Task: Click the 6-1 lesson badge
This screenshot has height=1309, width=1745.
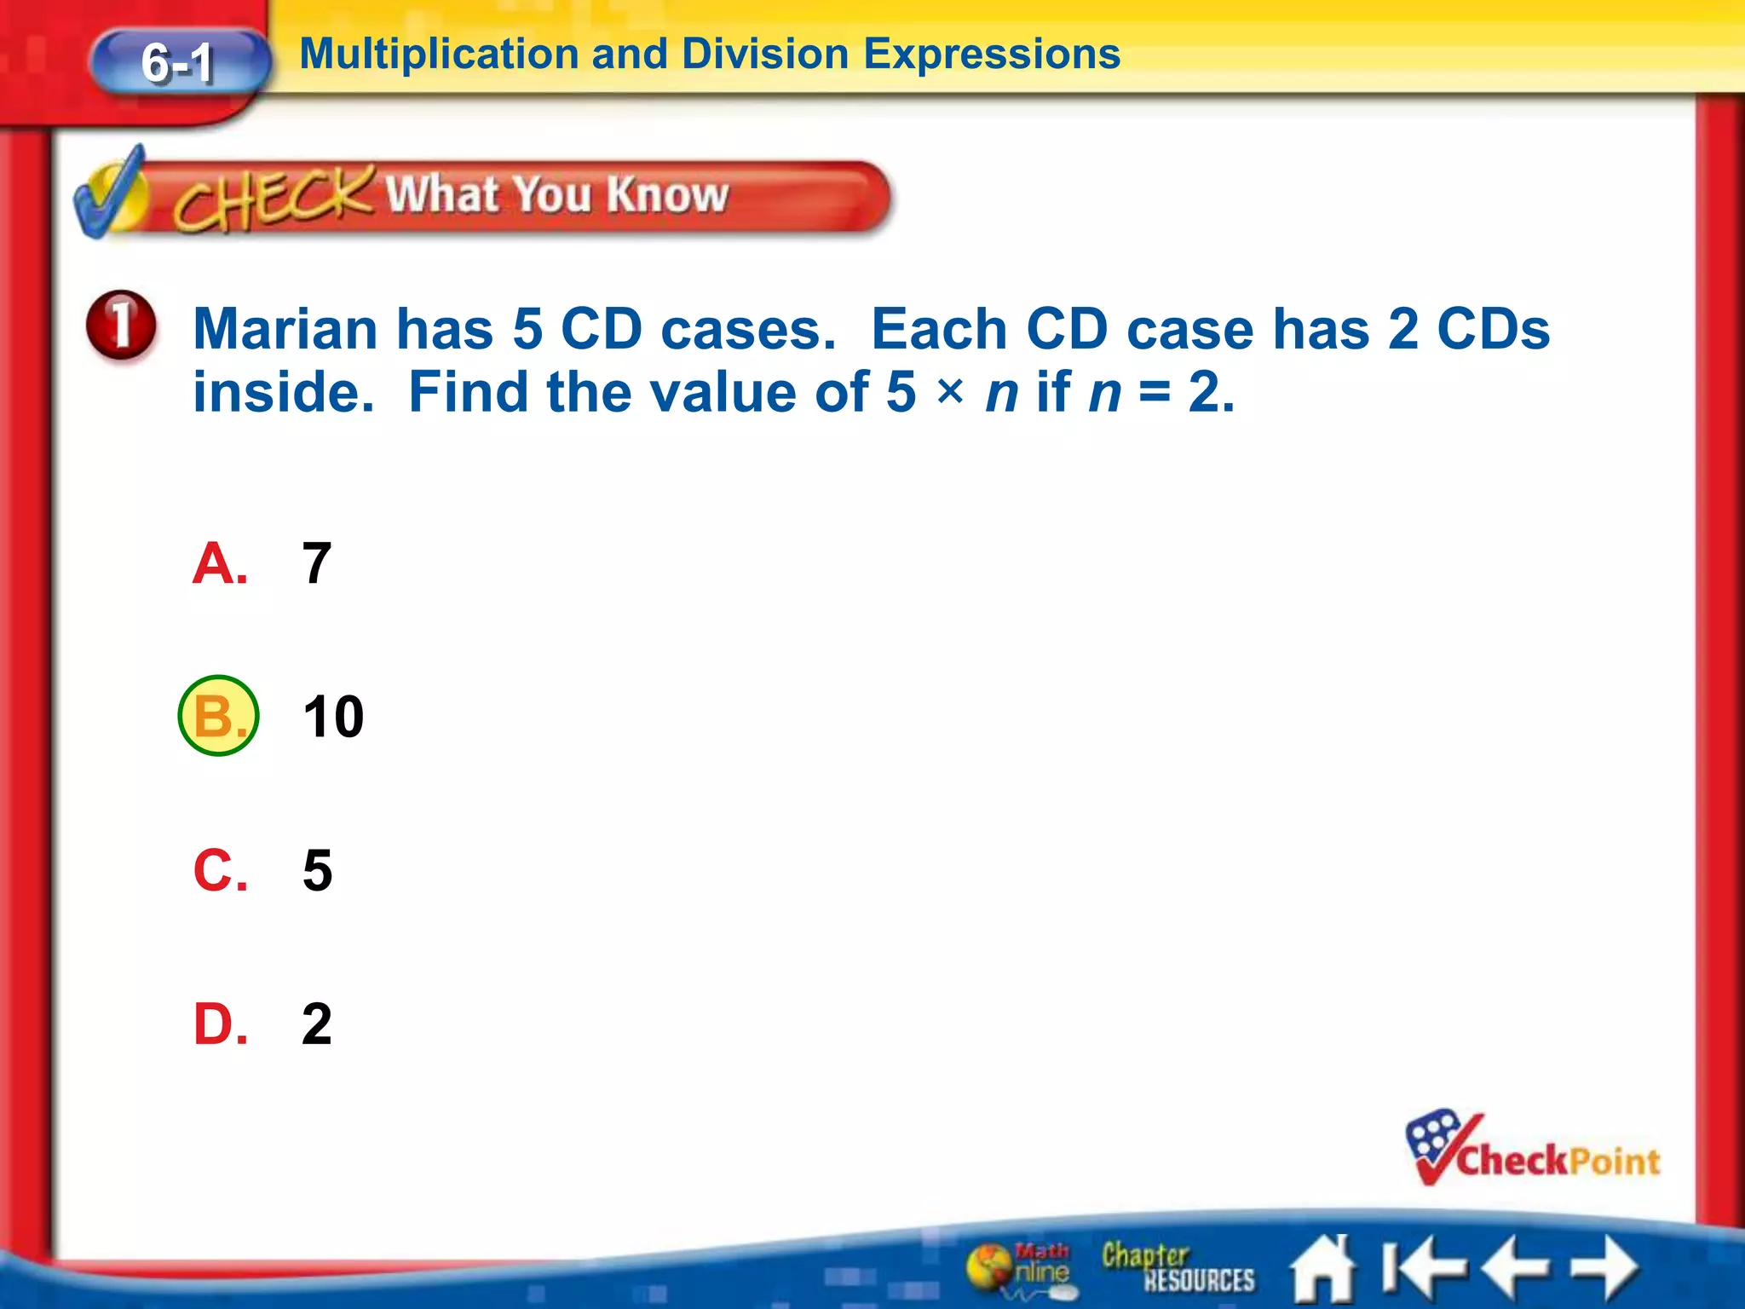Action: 179,63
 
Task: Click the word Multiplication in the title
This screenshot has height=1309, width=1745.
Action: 440,55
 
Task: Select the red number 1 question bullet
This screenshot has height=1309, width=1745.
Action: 121,325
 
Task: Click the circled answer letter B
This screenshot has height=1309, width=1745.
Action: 218,716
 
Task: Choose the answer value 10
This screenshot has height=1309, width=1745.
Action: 333,717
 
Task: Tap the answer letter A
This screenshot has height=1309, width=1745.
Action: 220,563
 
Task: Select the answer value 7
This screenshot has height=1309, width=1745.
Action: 316,563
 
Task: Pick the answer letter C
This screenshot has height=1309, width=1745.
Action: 220,870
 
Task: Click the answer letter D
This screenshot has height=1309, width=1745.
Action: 220,1024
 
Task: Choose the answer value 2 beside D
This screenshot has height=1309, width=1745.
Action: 316,1024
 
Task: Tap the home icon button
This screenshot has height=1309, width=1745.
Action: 1322,1269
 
